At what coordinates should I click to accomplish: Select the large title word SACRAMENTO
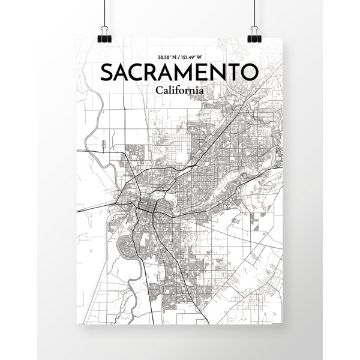180,73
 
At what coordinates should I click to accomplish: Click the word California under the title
179,90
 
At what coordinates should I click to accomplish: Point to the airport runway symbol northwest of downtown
103,144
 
